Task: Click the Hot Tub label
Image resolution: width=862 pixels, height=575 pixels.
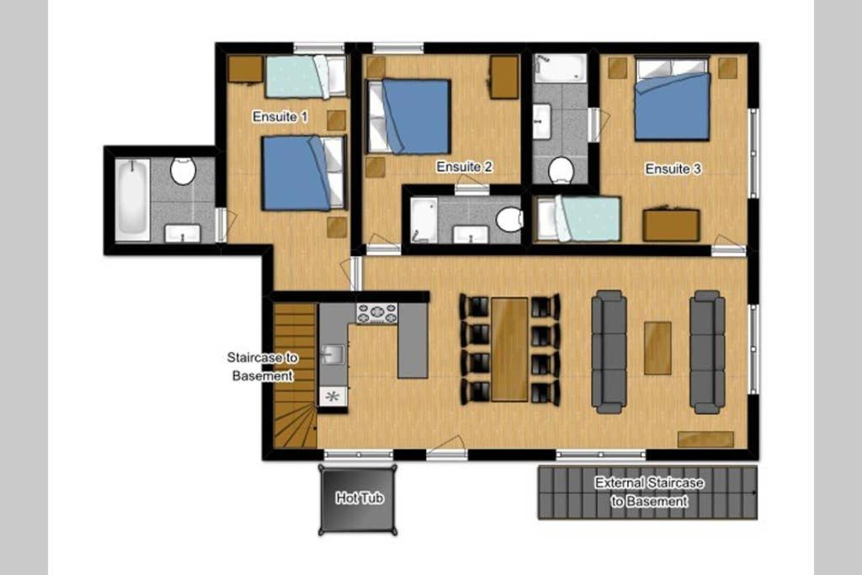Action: pos(359,498)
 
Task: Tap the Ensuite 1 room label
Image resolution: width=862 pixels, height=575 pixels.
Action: pos(279,116)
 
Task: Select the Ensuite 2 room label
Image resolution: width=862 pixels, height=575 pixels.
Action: pos(464,167)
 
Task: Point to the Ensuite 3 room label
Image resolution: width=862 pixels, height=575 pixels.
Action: pos(673,168)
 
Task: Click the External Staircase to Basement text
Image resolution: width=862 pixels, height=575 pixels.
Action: pos(649,492)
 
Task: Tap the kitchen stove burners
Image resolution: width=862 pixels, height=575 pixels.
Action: pos(376,313)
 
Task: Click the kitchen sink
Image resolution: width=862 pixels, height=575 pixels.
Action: pos(333,354)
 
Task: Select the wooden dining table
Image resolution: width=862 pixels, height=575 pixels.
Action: pos(509,349)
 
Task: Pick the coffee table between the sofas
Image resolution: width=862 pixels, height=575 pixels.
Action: pos(657,348)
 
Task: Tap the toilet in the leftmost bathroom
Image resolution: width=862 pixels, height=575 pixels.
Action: pos(183,171)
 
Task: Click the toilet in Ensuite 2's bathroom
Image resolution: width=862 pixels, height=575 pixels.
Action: pos(509,220)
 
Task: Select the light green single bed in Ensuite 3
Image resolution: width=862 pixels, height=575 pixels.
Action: pos(579,220)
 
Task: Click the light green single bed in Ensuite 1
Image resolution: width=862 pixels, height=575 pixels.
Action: pos(306,77)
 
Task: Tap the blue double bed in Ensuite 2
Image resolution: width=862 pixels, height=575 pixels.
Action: pos(410,116)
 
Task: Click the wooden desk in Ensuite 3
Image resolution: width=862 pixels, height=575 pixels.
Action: pos(671,225)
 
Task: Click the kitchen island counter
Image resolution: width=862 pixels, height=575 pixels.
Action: pos(412,341)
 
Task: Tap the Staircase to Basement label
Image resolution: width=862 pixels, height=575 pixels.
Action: pos(263,367)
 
